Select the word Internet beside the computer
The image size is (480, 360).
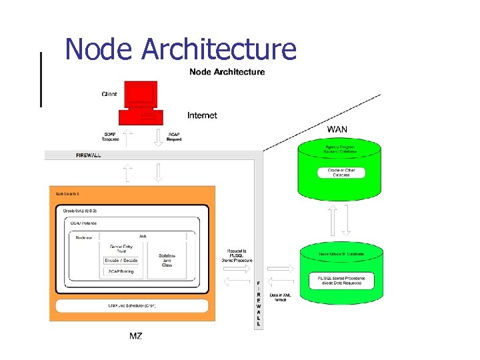tap(202, 115)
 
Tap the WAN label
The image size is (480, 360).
tap(337, 129)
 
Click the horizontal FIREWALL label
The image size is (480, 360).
tap(89, 155)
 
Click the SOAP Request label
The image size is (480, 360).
tap(174, 137)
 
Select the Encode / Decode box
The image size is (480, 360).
tap(121, 260)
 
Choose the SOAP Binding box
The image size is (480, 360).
tap(121, 271)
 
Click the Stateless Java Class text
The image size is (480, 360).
tap(167, 260)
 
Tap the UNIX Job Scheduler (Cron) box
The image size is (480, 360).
tap(131, 305)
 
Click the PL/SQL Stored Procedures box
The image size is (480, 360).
tap(341, 280)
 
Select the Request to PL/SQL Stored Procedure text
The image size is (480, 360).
tap(237, 256)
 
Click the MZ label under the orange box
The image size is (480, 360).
tap(136, 336)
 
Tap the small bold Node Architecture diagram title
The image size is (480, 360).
tap(227, 72)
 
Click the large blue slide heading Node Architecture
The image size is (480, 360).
tap(181, 49)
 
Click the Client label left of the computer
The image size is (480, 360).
tap(109, 94)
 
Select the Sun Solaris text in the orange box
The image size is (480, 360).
tap(67, 193)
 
